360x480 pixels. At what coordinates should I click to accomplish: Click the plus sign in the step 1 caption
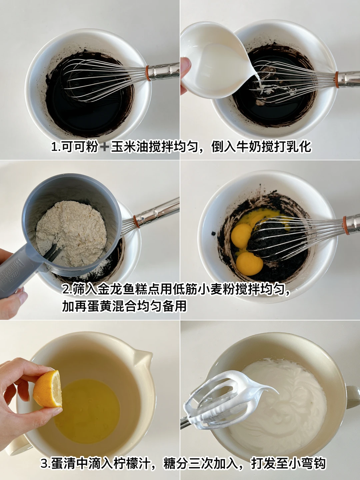tap(104, 147)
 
